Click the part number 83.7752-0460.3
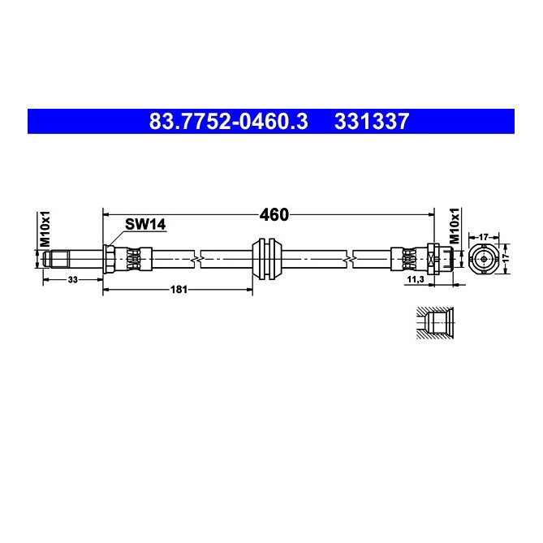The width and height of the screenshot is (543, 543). [x=228, y=122]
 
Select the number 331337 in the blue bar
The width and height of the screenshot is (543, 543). [x=372, y=122]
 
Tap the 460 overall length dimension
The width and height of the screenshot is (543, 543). [x=274, y=215]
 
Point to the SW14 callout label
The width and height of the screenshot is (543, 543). [x=145, y=224]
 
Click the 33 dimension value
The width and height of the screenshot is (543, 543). [x=73, y=279]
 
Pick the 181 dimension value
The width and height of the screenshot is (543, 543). [x=179, y=289]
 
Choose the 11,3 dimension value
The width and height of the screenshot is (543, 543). [x=416, y=279]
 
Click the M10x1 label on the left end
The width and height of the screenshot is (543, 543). [x=45, y=229]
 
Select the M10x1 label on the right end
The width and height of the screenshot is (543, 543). [x=454, y=226]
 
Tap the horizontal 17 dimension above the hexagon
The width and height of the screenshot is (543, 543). [x=484, y=237]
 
